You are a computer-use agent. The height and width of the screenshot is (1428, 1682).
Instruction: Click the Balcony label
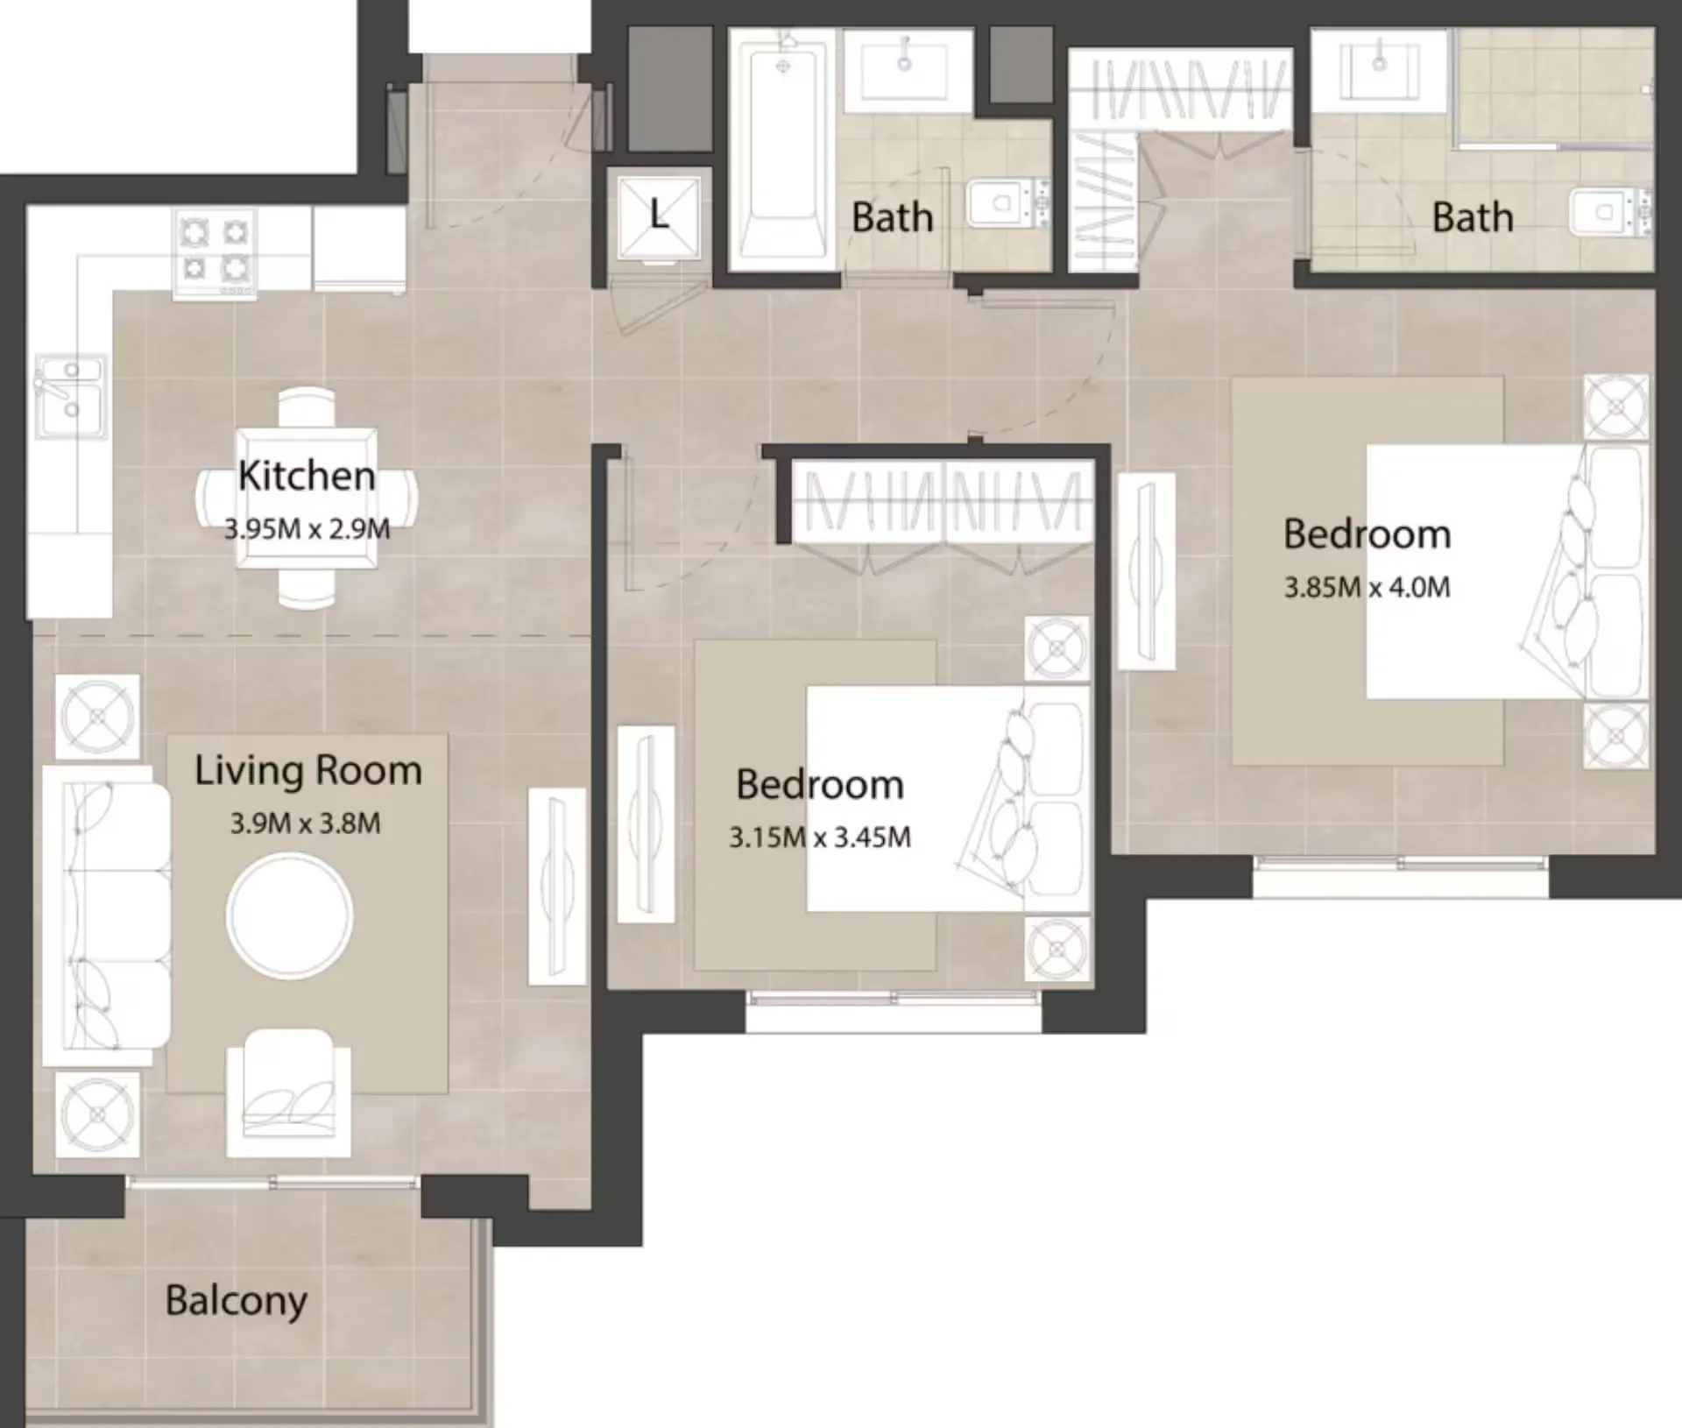pyautogui.click(x=236, y=1301)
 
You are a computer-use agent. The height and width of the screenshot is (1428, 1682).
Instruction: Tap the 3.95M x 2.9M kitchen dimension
pyautogui.click(x=307, y=529)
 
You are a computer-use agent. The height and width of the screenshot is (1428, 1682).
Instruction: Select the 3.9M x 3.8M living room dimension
pyautogui.click(x=305, y=824)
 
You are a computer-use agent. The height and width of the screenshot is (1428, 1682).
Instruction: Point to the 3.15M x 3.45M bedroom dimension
pyautogui.click(x=820, y=838)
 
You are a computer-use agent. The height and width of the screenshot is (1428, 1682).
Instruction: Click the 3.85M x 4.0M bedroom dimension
pyautogui.click(x=1367, y=587)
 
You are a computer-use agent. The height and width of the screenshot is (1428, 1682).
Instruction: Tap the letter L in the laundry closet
pyautogui.click(x=659, y=216)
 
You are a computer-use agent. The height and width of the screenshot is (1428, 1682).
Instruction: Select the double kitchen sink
pyautogui.click(x=70, y=396)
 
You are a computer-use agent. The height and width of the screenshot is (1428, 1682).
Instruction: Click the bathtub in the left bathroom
pyautogui.click(x=782, y=149)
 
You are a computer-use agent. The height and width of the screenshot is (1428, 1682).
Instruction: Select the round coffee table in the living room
pyautogui.click(x=290, y=916)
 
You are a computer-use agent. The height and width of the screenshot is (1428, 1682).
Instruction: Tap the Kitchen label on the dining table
pyautogui.click(x=307, y=476)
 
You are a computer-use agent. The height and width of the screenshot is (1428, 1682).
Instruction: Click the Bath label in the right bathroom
pyautogui.click(x=1472, y=217)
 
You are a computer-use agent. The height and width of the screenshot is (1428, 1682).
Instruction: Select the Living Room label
pyautogui.click(x=308, y=771)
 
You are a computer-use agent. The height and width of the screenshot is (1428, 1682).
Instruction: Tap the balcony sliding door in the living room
pyautogui.click(x=272, y=1183)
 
